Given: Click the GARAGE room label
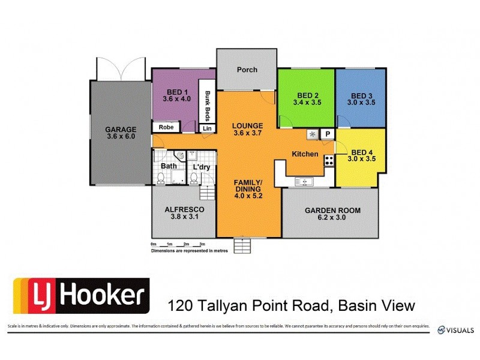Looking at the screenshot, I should click(x=121, y=129).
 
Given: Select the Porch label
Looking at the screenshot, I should click(x=247, y=70).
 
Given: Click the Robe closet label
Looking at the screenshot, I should click(x=166, y=127).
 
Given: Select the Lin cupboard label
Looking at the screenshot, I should click(x=207, y=128).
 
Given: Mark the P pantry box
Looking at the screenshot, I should click(x=328, y=134).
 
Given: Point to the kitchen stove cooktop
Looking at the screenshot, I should click(x=329, y=161).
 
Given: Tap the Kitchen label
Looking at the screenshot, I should click(x=305, y=154).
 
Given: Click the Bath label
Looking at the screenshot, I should click(x=169, y=166).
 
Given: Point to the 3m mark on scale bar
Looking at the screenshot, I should click(x=202, y=244).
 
